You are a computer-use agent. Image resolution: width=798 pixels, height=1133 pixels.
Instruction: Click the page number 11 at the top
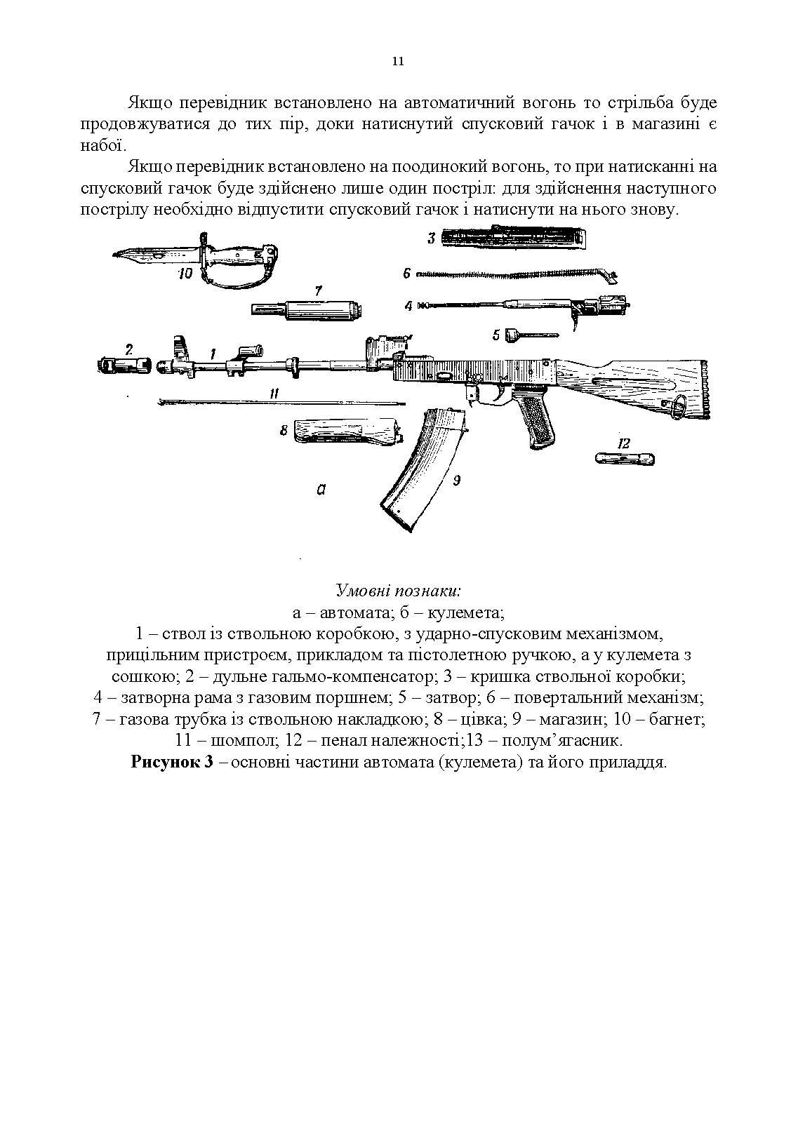tap(397, 62)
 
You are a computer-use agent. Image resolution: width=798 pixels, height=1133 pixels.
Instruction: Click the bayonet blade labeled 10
tap(151, 254)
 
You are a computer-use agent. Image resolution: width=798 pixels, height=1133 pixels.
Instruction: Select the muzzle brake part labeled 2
tap(123, 365)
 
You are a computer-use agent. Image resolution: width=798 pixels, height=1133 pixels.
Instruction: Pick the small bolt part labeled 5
tap(529, 336)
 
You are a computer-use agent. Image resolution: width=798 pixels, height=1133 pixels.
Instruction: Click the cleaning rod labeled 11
tap(281, 402)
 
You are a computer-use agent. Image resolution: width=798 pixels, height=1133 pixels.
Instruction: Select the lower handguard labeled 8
tap(347, 430)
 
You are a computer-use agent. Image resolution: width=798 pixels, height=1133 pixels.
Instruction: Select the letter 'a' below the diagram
tap(320, 490)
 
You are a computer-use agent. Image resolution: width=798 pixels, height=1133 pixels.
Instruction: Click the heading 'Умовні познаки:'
tap(398, 589)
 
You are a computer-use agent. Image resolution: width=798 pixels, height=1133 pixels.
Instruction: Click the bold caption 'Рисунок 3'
tap(171, 763)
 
